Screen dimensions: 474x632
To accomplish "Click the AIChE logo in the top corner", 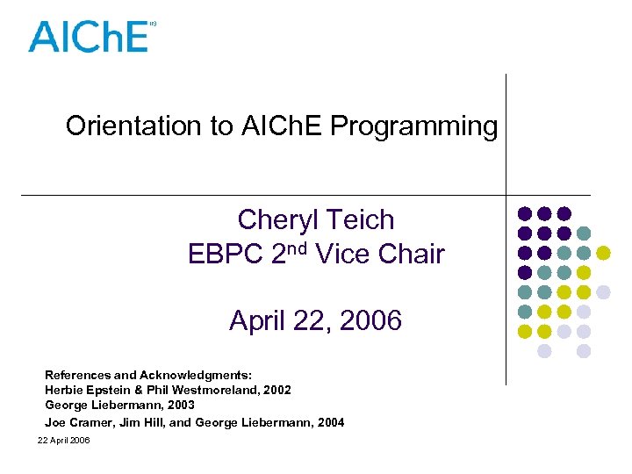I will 88,36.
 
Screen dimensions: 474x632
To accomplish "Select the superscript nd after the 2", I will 296,248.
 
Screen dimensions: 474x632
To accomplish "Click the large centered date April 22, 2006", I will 315,321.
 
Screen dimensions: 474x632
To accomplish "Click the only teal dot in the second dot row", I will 584,233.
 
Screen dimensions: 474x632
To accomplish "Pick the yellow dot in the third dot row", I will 604,253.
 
